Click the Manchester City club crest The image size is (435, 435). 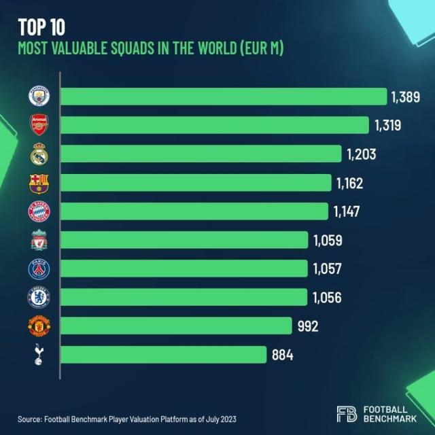38,97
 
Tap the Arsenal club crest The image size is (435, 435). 38,125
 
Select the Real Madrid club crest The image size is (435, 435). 38,154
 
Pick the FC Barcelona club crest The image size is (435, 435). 38,183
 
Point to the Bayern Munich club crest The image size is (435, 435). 38,211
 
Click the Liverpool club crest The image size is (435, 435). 38,240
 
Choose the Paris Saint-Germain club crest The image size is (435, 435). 38,268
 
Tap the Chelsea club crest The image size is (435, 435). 38,297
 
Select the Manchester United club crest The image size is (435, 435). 38,326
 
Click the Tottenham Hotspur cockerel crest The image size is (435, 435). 38,355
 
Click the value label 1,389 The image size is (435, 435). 405,97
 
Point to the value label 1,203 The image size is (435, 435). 360,154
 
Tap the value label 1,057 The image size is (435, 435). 328,268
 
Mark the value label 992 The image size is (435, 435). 307,326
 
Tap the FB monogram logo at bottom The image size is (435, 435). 347,414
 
